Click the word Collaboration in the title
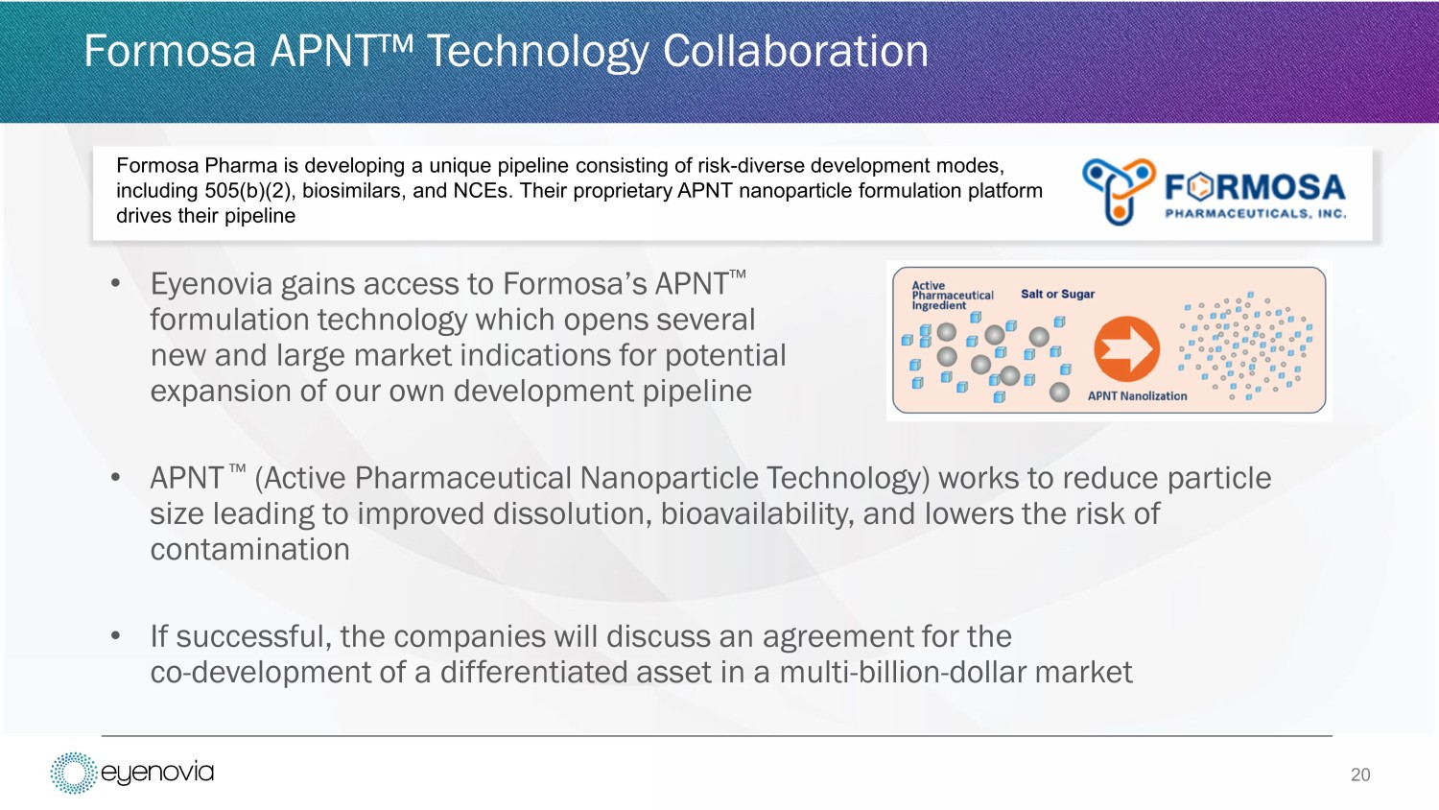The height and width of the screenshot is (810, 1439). click(x=795, y=52)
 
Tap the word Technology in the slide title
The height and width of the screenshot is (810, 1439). click(x=537, y=52)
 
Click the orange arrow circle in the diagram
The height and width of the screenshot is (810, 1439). click(x=1127, y=349)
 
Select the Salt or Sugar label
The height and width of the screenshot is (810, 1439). click(x=1057, y=294)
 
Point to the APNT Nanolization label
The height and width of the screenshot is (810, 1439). click(x=1137, y=396)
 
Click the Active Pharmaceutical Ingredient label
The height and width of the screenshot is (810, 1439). click(x=952, y=295)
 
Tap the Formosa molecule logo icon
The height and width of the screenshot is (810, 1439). click(x=1119, y=192)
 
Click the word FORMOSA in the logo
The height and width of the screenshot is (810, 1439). click(x=1255, y=188)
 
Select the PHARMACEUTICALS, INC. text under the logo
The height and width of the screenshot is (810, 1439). click(x=1255, y=213)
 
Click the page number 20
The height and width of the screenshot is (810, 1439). click(x=1360, y=774)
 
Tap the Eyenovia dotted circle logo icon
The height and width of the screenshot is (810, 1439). click(x=73, y=773)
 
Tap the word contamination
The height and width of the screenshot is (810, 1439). click(x=249, y=550)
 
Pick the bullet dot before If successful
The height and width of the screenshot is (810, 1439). click(x=116, y=635)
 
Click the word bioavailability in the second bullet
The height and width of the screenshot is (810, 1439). click(x=757, y=514)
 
